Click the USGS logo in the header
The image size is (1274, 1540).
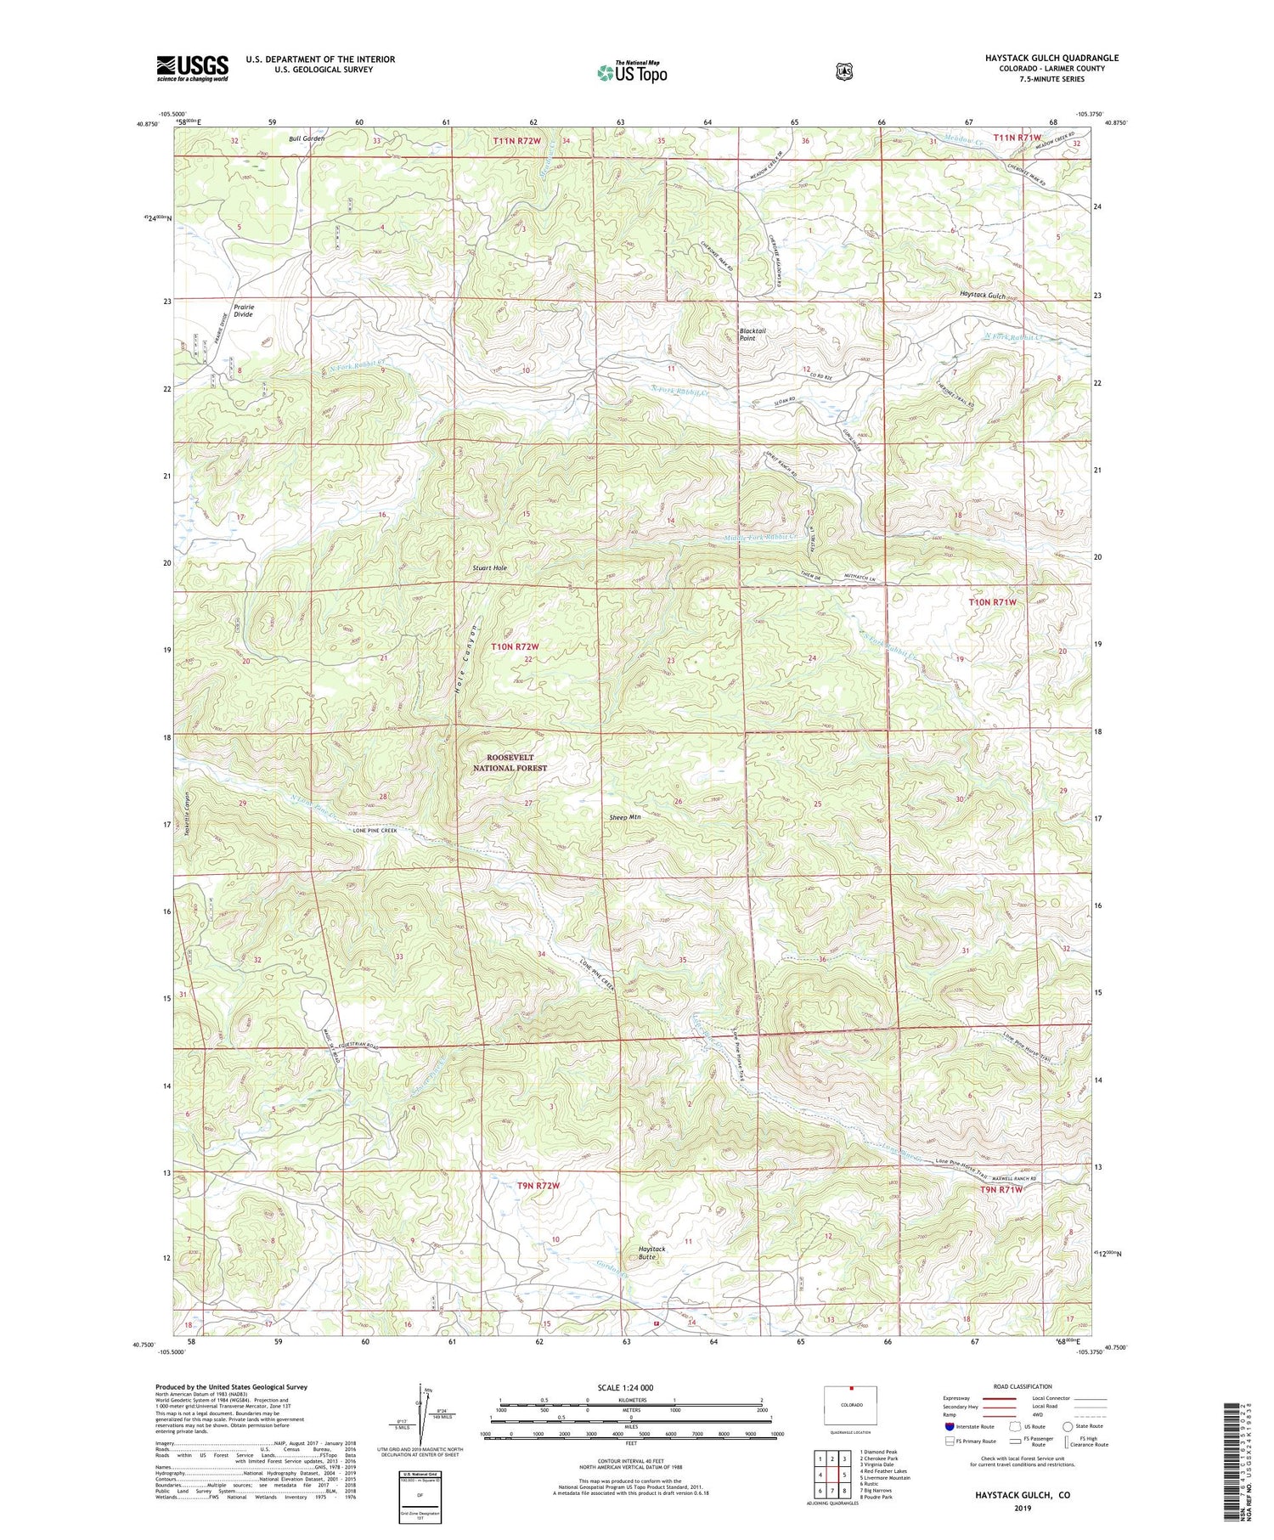pyautogui.click(x=193, y=68)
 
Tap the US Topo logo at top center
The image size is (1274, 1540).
pyautogui.click(x=632, y=72)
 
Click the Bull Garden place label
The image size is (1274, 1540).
pyautogui.click(x=307, y=138)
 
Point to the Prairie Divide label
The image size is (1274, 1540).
pyautogui.click(x=245, y=310)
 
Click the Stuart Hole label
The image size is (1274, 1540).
pyautogui.click(x=490, y=567)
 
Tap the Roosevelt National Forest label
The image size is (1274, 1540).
pyautogui.click(x=510, y=762)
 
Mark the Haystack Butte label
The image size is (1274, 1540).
pyautogui.click(x=652, y=1254)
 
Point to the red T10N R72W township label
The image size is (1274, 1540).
pyautogui.click(x=516, y=646)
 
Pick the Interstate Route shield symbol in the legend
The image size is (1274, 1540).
pyautogui.click(x=949, y=1426)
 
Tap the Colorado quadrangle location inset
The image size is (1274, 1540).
pyautogui.click(x=850, y=1406)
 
